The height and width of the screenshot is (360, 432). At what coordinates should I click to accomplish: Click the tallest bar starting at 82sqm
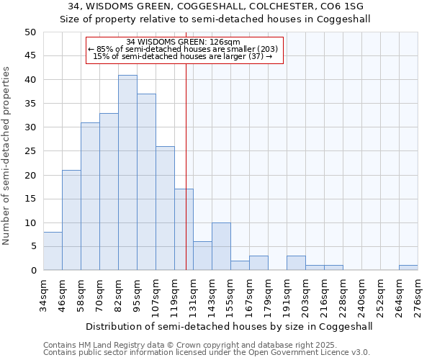point(127,173)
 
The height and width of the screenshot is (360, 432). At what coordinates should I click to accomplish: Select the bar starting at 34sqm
point(53,251)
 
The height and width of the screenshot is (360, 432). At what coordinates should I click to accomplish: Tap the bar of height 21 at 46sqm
point(71,220)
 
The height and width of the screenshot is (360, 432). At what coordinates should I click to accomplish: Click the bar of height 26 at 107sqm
point(165,208)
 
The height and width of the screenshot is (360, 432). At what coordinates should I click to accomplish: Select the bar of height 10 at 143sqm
point(221,246)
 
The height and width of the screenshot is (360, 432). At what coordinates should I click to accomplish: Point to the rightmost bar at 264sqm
point(408,268)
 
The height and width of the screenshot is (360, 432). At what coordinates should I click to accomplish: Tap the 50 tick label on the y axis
point(30,32)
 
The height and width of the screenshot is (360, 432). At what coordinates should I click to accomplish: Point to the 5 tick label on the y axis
point(32,246)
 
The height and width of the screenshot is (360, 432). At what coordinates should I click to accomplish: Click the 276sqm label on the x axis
point(418,295)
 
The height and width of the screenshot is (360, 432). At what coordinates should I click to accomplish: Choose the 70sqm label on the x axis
point(100,295)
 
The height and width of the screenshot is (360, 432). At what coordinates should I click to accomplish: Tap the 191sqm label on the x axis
point(287,295)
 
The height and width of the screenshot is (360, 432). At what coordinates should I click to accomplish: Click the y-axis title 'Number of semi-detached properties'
point(8,155)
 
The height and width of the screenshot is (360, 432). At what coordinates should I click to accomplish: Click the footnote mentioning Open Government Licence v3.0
point(207,353)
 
